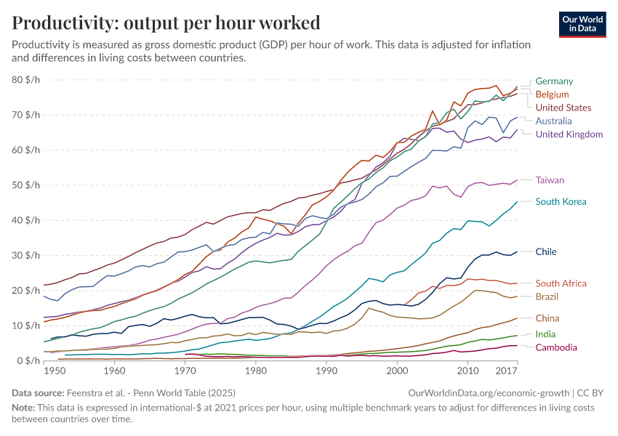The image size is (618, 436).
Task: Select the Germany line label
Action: click(554, 81)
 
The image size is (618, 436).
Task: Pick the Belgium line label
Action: click(552, 94)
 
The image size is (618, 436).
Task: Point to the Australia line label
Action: click(553, 121)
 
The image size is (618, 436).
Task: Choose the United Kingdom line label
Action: click(569, 134)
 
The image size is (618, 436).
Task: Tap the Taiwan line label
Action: click(550, 180)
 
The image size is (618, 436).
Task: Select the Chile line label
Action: click(546, 252)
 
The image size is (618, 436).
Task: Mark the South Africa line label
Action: click(561, 283)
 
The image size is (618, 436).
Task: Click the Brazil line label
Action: click(547, 297)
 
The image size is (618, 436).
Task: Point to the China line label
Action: click(547, 318)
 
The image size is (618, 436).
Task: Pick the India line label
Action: click(545, 334)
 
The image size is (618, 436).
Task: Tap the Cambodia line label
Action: click(556, 348)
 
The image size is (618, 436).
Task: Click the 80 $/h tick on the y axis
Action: click(26, 80)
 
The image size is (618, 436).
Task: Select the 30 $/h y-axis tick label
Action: click(26, 256)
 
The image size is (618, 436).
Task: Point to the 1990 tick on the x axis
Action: click(326, 371)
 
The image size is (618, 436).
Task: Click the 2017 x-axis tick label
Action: click(507, 371)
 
